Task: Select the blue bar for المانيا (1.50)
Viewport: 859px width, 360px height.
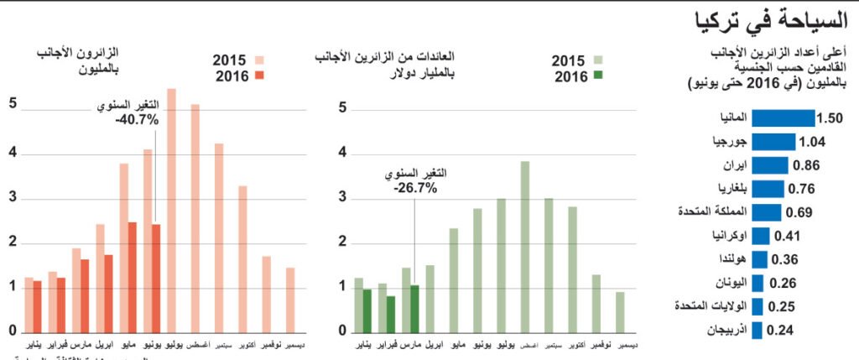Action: pos(783,117)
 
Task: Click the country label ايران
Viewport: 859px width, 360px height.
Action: pos(733,165)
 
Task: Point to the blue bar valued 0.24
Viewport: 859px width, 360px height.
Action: pos(756,330)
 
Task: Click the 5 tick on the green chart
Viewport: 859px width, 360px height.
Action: pos(343,107)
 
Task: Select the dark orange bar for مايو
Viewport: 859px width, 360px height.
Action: pos(133,277)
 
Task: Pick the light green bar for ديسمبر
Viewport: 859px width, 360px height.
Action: pos(620,311)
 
